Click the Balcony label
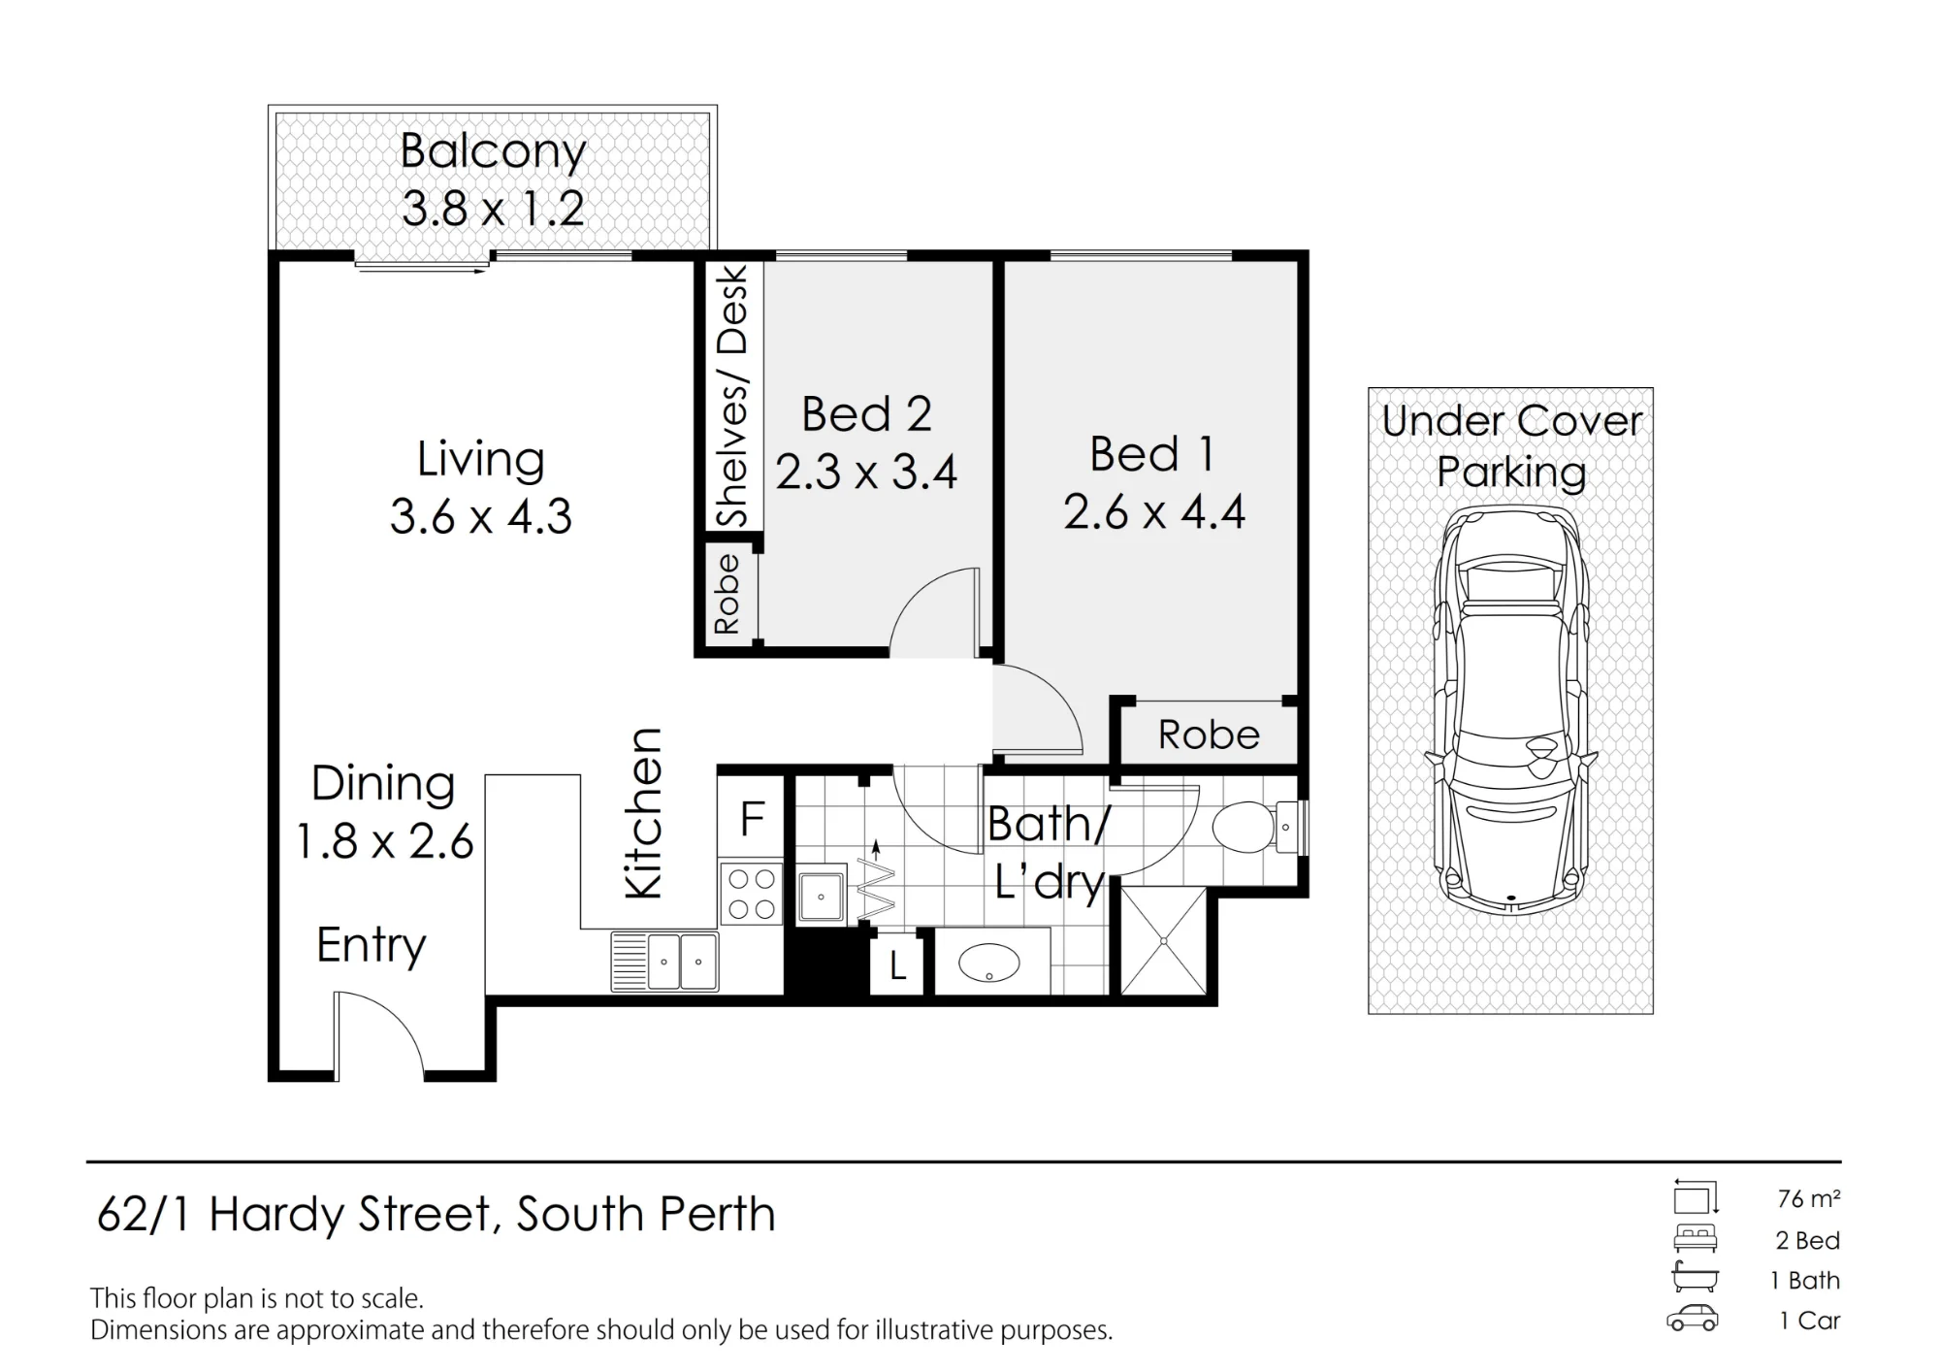pyautogui.click(x=493, y=152)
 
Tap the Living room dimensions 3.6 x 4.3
pyautogui.click(x=481, y=516)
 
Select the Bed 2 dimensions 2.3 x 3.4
pyautogui.click(x=866, y=473)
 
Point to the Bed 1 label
pyautogui.click(x=1152, y=454)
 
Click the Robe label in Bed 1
pyautogui.click(x=1209, y=735)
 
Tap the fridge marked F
pyautogui.click(x=752, y=818)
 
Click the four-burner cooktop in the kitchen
pyautogui.click(x=752, y=894)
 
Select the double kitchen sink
pyautogui.click(x=665, y=962)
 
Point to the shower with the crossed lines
pyautogui.click(x=1163, y=940)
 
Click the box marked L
pyautogui.click(x=898, y=964)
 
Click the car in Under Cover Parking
pyautogui.click(x=1511, y=709)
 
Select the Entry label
pyautogui.click(x=372, y=945)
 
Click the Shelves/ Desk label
pyautogui.click(x=732, y=397)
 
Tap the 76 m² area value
pyautogui.click(x=1809, y=1199)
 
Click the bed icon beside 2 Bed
pyautogui.click(x=1695, y=1239)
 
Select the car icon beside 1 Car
pyautogui.click(x=1693, y=1320)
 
